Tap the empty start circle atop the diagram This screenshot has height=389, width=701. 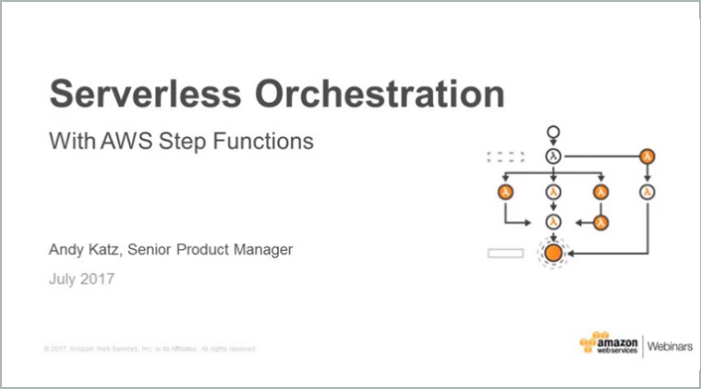553,133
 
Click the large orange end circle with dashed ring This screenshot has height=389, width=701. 553,253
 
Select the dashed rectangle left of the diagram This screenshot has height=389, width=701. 504,156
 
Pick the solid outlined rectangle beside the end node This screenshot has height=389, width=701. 504,253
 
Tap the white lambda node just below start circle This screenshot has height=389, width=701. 553,156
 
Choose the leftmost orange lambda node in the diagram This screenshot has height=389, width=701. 505,192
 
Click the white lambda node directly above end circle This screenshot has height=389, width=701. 553,221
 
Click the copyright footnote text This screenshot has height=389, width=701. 150,348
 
